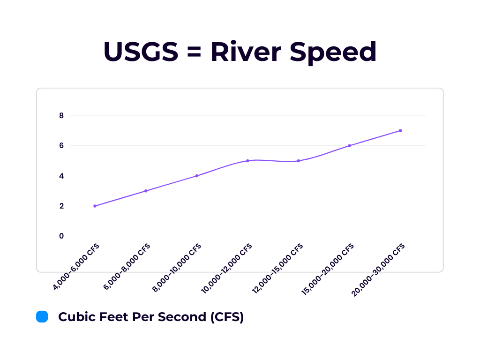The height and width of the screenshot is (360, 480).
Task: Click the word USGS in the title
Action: tap(141, 52)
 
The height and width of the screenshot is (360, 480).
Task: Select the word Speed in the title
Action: tap(333, 52)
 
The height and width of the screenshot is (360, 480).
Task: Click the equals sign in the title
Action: tap(195, 52)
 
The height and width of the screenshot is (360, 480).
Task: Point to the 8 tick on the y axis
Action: tap(61, 115)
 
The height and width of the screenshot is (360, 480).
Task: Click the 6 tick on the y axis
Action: tap(61, 145)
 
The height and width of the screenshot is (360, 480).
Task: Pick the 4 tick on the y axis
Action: tap(61, 176)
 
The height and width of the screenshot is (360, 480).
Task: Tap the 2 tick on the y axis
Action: tap(61, 206)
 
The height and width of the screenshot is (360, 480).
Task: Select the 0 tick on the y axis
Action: tap(61, 236)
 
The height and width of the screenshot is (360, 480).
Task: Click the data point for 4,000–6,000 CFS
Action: tap(95, 206)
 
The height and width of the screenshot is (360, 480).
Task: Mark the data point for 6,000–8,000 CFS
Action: tap(146, 191)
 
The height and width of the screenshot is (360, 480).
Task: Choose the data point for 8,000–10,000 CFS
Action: tap(197, 176)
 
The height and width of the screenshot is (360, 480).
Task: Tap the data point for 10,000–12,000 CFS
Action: tap(247, 161)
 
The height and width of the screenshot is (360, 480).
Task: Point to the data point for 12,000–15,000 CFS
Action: tap(299, 161)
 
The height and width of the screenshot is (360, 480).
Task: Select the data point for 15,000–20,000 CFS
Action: tap(350, 146)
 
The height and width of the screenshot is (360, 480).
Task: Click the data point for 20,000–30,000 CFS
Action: tap(400, 131)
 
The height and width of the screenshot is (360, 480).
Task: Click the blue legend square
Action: tap(42, 317)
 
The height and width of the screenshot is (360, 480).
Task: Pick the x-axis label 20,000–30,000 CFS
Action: tap(378, 270)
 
